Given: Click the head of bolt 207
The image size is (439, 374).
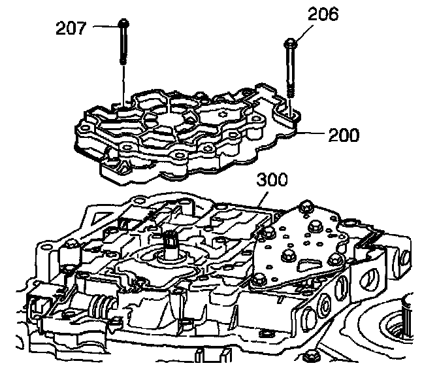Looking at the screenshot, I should tap(123, 25).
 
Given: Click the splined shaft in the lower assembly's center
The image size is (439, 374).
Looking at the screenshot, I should tap(173, 243).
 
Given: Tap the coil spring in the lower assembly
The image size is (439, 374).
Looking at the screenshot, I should tap(101, 306).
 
